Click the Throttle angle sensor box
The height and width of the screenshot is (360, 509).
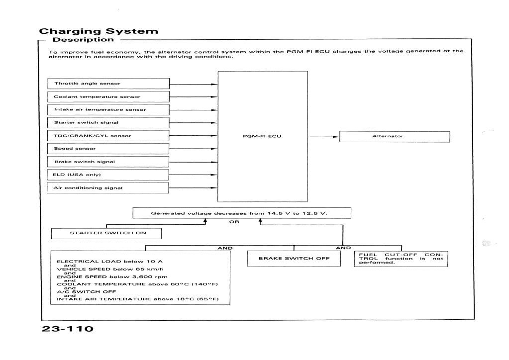108,84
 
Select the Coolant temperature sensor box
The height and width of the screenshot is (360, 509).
108,96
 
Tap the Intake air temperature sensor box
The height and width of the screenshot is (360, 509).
108,109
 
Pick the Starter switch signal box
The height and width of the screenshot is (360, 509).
108,122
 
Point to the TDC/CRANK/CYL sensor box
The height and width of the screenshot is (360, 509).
108,136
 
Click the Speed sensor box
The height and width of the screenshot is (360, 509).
108,149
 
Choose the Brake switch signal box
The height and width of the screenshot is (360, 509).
108,162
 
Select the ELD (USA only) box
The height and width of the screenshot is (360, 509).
108,175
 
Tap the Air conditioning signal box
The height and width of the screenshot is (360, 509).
108,188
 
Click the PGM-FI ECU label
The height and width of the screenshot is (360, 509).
262,136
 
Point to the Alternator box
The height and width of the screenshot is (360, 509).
395,136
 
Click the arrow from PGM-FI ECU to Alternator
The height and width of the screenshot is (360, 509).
323,136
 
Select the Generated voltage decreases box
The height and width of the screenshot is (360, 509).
242,213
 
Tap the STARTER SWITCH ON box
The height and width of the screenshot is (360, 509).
106,233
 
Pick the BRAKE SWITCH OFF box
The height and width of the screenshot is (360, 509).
294,259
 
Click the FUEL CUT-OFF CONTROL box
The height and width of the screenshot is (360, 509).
401,259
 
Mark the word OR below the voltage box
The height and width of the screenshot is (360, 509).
232,222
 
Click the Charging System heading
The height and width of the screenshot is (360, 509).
99,31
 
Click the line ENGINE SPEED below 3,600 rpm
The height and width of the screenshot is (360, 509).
112,276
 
